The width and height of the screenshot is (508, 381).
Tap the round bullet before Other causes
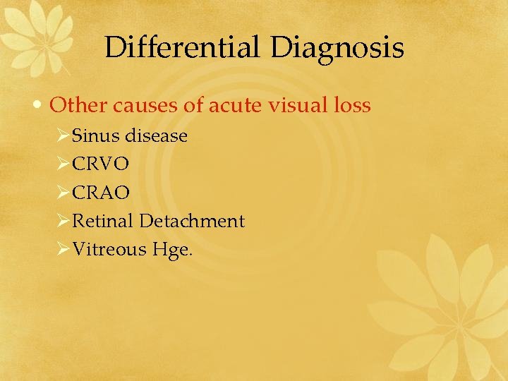tap(41, 106)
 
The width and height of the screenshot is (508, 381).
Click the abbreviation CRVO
tap(101, 164)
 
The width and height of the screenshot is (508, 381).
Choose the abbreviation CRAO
tap(101, 192)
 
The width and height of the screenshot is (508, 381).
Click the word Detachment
tap(192, 221)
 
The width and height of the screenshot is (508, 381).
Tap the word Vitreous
tap(109, 249)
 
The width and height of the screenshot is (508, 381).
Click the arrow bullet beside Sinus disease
tap(62, 135)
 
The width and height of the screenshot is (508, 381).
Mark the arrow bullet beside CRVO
tap(62, 164)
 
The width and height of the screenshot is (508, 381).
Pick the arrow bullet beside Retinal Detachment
tap(62, 221)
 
